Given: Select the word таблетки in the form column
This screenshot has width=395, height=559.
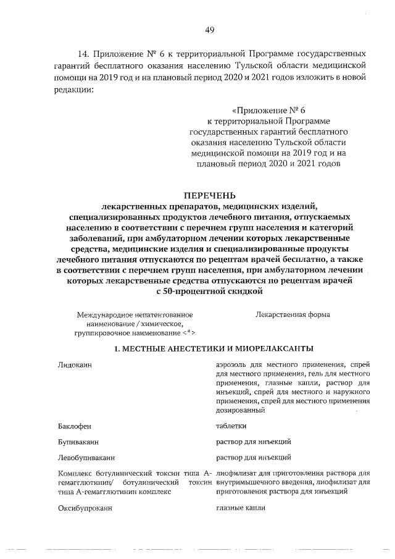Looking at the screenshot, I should click(x=231, y=426).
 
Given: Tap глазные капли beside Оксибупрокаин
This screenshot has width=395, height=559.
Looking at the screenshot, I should click(x=241, y=507).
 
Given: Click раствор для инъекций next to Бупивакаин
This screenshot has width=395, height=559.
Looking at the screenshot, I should click(x=253, y=442).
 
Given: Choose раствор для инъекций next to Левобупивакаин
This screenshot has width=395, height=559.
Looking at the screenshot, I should click(x=253, y=458).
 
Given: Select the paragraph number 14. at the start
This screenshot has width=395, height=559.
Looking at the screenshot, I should click(x=85, y=54).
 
